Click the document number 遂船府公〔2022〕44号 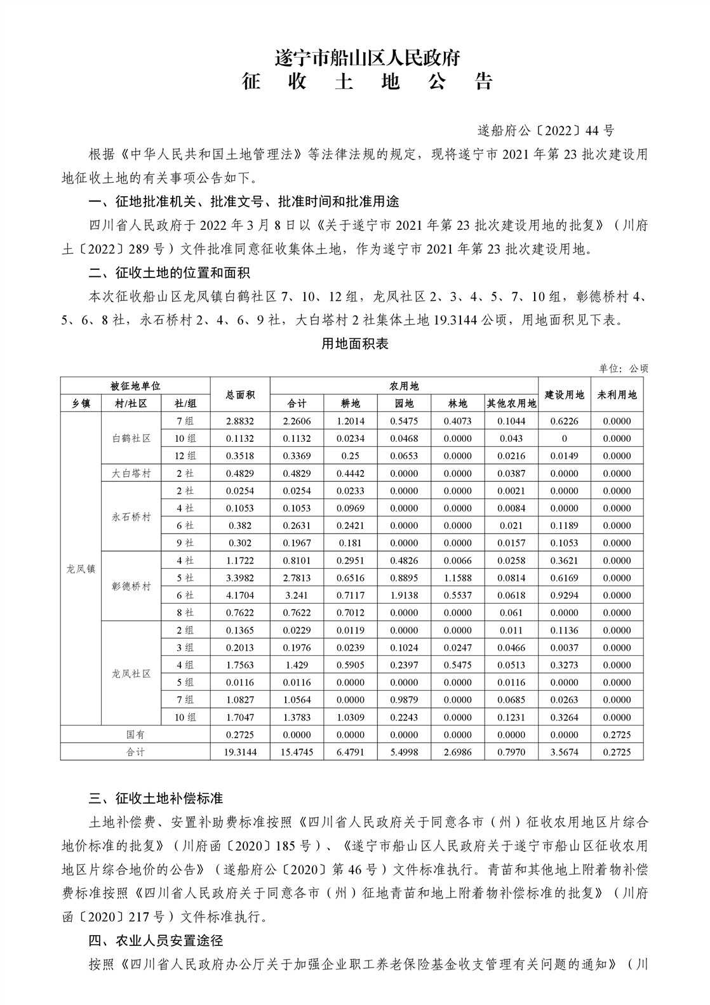click(x=546, y=131)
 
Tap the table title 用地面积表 click(x=355, y=344)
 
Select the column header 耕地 click(x=351, y=403)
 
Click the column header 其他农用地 click(x=511, y=403)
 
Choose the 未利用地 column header click(x=617, y=394)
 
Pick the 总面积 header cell click(x=239, y=394)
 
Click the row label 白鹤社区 click(x=131, y=438)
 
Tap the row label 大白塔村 click(x=131, y=473)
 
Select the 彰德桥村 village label click(x=131, y=587)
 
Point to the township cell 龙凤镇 click(x=81, y=569)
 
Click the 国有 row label click(x=135, y=735)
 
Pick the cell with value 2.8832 click(x=239, y=421)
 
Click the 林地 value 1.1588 click(x=457, y=578)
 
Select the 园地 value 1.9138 click(x=404, y=596)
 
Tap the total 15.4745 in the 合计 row click(x=297, y=752)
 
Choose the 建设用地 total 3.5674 click(x=564, y=752)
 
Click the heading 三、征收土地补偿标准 click(x=156, y=798)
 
